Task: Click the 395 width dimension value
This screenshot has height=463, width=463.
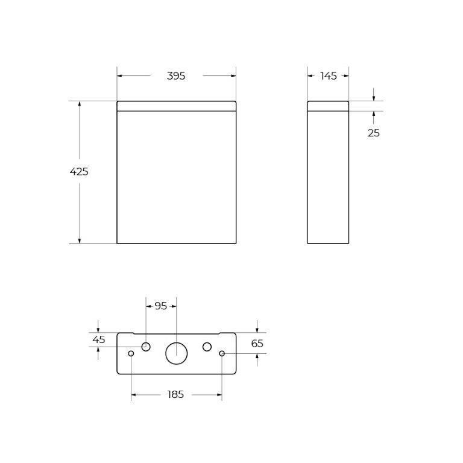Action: [x=176, y=76]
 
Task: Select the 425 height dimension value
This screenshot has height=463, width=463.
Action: [x=79, y=172]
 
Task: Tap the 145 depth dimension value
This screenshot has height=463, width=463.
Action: [x=329, y=76]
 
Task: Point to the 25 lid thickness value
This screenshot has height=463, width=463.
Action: [x=374, y=133]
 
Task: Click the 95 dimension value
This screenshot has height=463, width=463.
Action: [x=160, y=306]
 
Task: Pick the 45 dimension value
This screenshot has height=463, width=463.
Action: [x=99, y=339]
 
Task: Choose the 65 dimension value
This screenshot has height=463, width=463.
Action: [x=257, y=344]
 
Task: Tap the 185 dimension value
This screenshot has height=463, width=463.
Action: [x=175, y=394]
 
